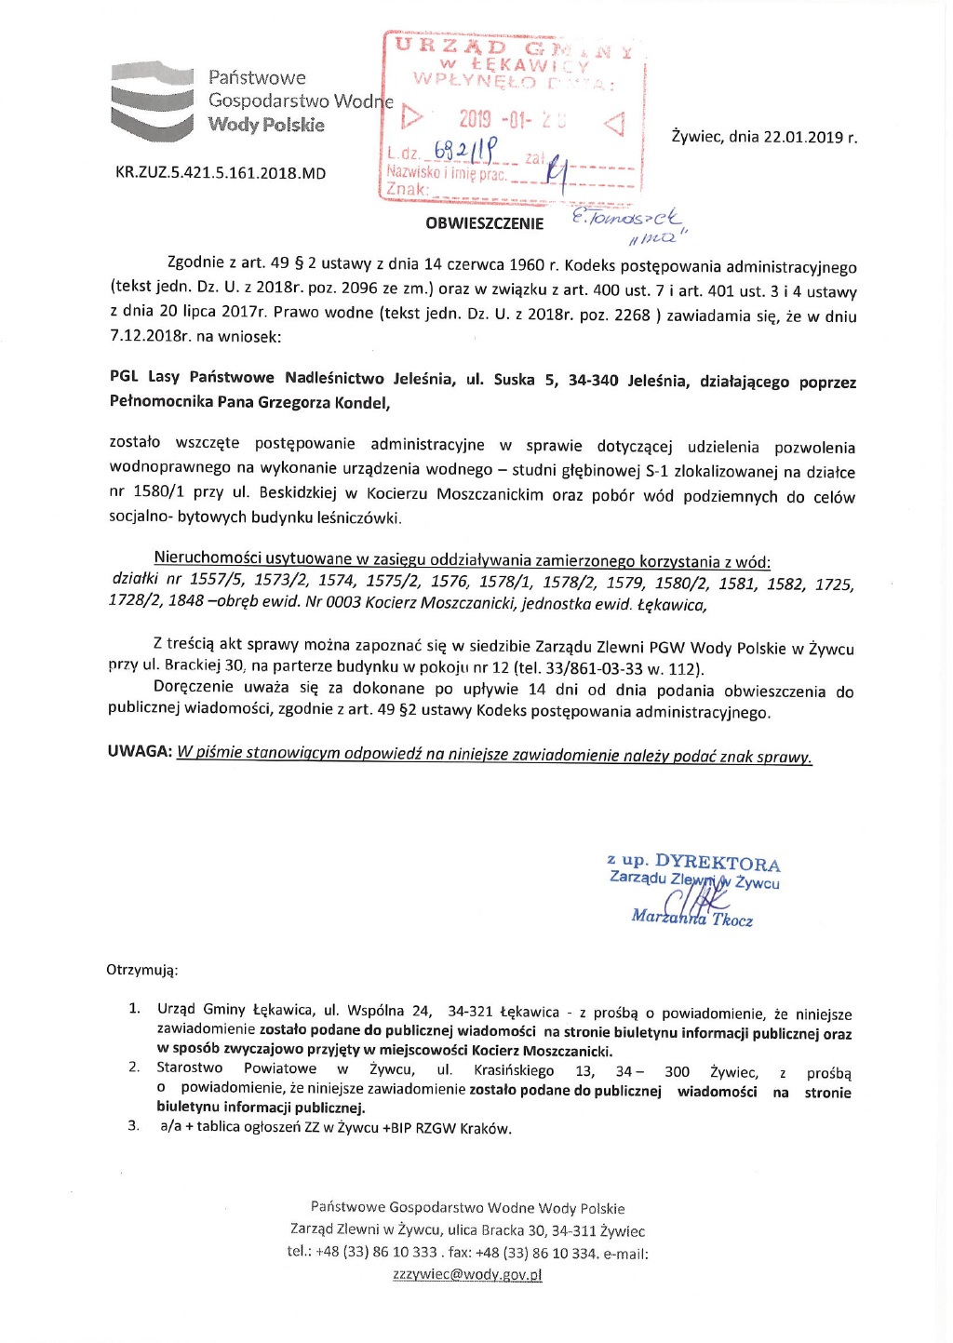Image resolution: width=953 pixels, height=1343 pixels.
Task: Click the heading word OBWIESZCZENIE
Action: pos(484,223)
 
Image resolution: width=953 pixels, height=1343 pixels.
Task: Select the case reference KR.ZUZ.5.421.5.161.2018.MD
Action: pos(221,173)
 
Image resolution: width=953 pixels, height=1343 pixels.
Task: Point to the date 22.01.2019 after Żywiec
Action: pos(802,138)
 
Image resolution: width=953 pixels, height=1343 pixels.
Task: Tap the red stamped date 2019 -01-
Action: pos(492,120)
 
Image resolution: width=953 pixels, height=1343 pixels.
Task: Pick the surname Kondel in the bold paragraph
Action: pos(358,403)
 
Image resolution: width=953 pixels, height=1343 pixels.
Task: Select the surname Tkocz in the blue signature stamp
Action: pos(732,920)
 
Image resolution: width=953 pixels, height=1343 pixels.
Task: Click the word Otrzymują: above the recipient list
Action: pos(141,970)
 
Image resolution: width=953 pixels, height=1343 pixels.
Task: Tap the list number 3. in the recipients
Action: pos(134,1127)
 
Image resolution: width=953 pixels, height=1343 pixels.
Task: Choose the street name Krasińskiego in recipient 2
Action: pos(513,1070)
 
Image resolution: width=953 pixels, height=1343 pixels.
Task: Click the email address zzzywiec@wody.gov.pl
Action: pos(467,1275)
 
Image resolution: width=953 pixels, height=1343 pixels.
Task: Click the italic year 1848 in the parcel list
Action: pos(186,602)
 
